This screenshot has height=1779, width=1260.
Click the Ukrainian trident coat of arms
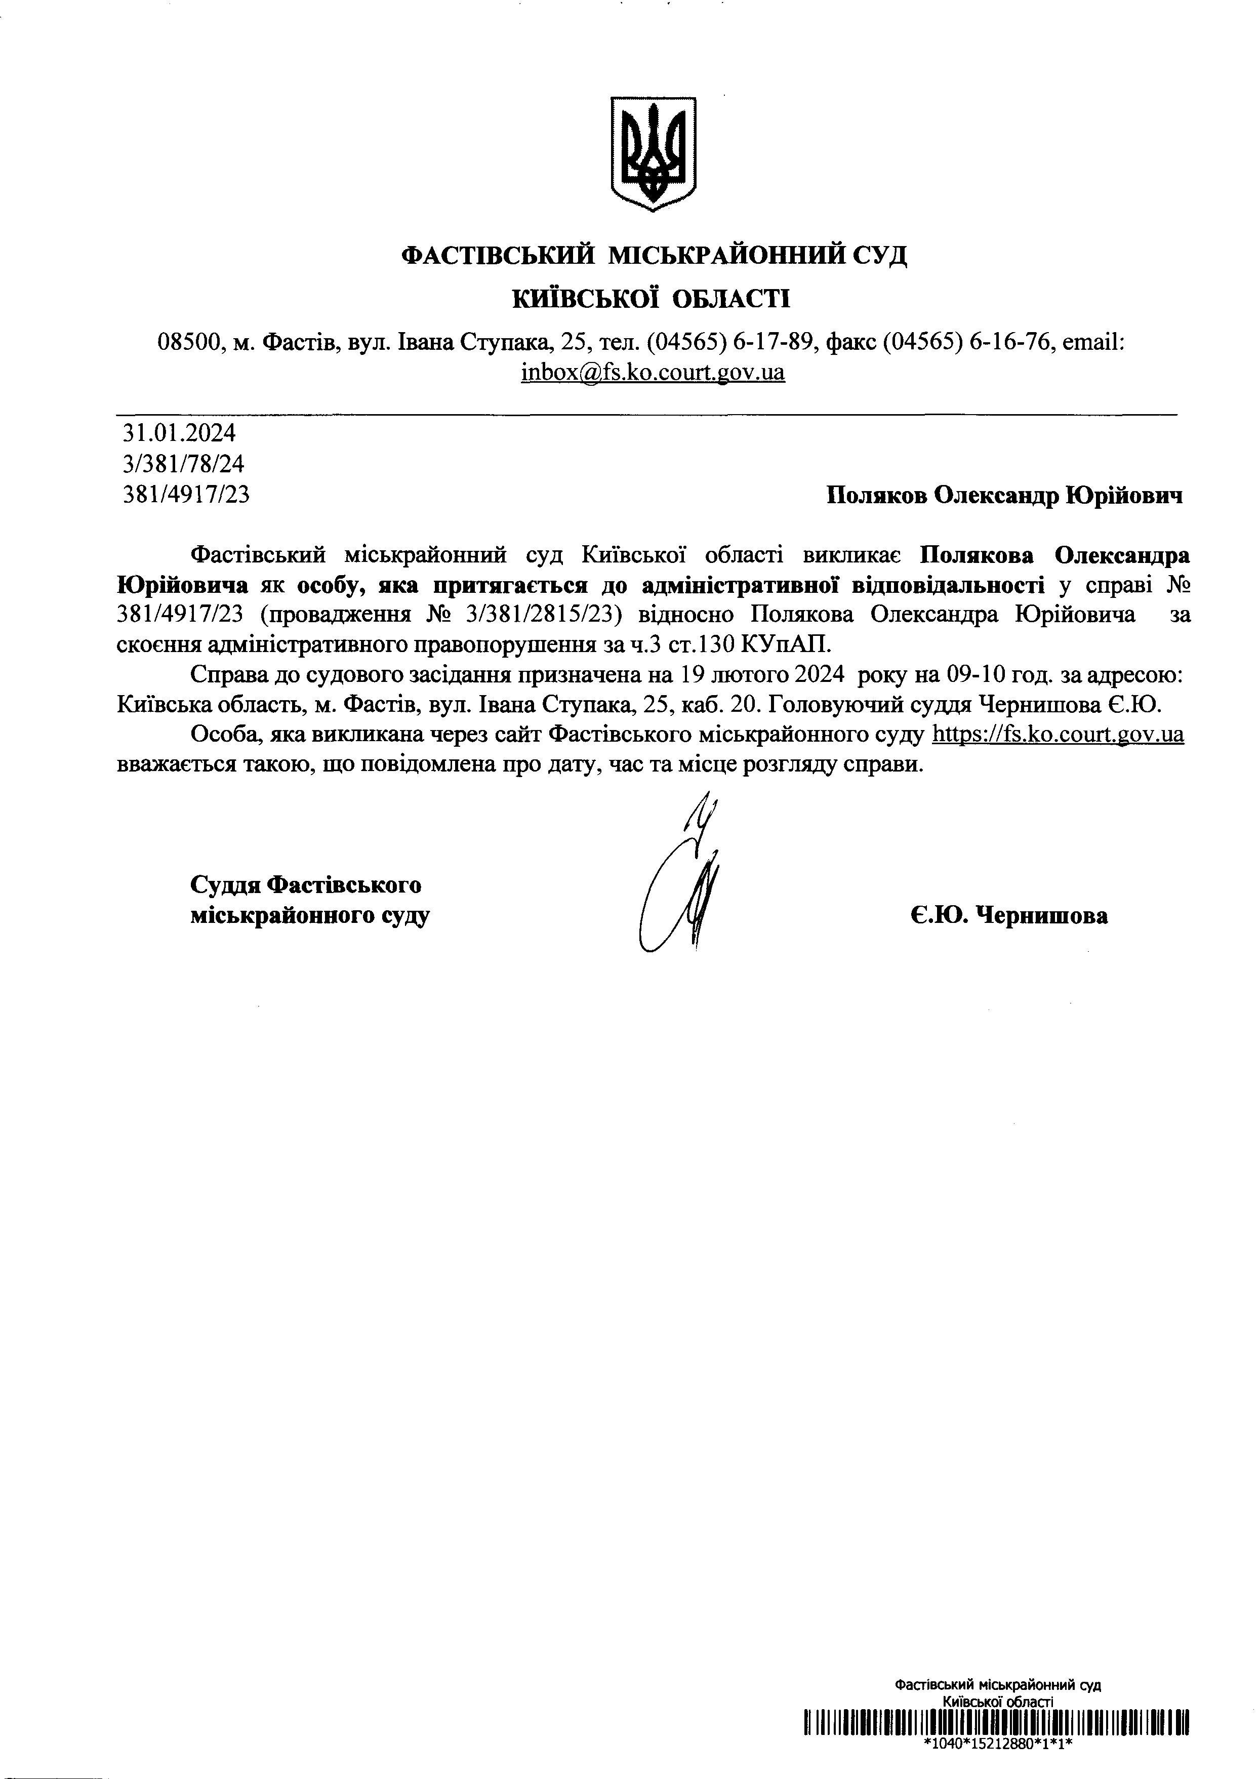point(653,153)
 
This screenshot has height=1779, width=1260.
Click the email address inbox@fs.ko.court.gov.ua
point(653,373)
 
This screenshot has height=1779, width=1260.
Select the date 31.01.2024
point(179,432)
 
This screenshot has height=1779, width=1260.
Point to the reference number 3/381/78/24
point(184,464)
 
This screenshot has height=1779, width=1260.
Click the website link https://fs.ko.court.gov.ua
point(1056,734)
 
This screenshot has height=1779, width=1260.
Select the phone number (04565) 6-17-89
point(733,342)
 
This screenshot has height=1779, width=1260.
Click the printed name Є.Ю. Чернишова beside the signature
point(1008,916)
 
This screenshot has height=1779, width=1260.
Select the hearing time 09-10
point(979,675)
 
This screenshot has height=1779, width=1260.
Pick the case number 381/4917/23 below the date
point(186,495)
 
